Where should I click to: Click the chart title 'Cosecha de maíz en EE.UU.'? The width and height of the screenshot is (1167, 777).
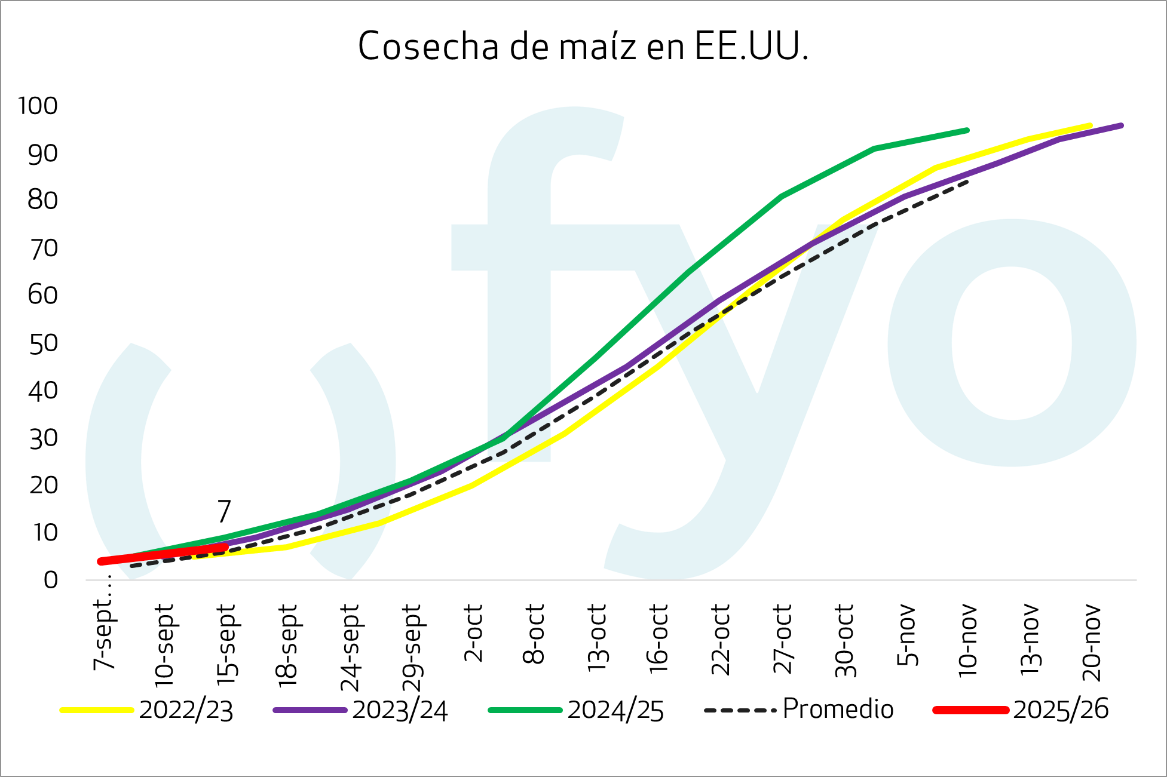[x=583, y=47]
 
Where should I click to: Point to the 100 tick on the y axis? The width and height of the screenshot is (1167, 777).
[x=38, y=106]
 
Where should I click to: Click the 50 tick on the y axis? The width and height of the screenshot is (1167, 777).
[x=43, y=343]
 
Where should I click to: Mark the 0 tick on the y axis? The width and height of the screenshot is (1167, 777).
[x=51, y=579]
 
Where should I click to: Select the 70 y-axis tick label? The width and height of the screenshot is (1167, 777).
[x=43, y=248]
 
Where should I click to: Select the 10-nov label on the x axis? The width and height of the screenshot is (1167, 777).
[x=967, y=641]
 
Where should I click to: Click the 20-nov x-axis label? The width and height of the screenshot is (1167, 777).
[x=1091, y=642]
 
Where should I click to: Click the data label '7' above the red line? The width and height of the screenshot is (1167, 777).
[x=223, y=511]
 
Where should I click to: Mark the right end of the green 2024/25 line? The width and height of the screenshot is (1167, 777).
[x=967, y=130]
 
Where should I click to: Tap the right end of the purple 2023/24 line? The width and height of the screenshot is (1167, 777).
[x=1121, y=125]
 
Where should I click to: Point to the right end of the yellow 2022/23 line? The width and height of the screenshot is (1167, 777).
[x=1091, y=126]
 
